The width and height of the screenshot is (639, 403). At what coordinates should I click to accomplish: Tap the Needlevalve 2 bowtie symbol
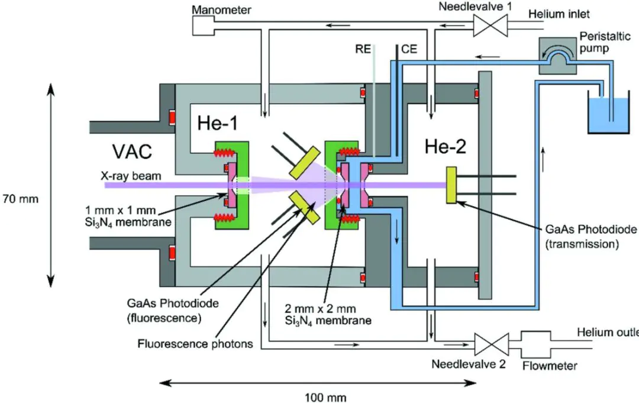(490, 343)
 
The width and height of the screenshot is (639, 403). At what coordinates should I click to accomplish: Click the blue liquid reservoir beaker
(609, 112)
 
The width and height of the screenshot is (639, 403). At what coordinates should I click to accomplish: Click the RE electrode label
(364, 49)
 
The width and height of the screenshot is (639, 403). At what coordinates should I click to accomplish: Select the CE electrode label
(409, 49)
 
